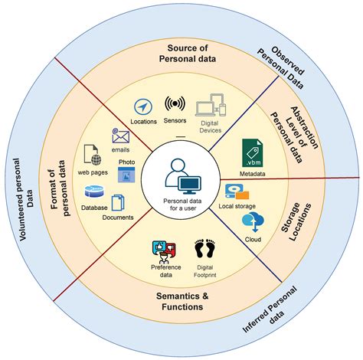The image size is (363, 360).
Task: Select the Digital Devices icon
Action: click(x=211, y=110)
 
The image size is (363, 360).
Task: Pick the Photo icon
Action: click(x=126, y=174)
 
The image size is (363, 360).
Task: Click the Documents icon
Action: click(x=118, y=203)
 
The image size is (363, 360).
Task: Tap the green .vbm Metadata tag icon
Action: click(x=252, y=152)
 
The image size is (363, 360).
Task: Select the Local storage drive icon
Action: click(x=235, y=192)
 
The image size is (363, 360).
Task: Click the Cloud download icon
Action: click(x=252, y=221)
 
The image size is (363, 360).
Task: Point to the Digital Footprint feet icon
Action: click(x=204, y=250)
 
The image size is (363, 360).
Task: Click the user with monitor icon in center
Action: click(x=182, y=175)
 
